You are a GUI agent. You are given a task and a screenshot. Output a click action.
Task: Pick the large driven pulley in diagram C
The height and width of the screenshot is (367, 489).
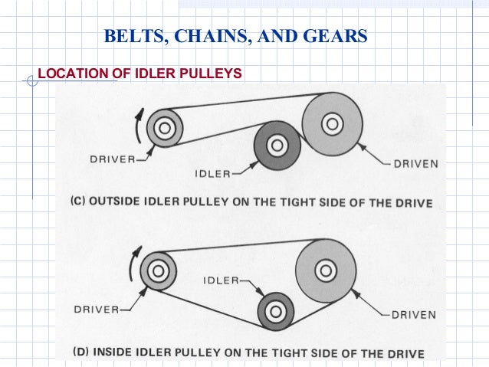[x=330, y=122]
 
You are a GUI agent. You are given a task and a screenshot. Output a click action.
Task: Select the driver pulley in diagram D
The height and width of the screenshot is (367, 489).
[x=157, y=270]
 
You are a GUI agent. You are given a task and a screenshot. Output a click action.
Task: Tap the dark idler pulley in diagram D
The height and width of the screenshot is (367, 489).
[x=275, y=311]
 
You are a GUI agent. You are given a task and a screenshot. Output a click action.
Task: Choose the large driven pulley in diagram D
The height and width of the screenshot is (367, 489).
[x=325, y=270]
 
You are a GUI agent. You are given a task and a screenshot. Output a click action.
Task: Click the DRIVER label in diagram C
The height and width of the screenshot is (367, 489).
[x=112, y=159]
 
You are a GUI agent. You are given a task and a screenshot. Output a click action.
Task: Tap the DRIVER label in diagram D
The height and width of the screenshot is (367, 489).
[x=97, y=310]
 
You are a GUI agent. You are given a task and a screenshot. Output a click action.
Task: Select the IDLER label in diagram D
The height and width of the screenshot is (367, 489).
[x=222, y=280]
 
